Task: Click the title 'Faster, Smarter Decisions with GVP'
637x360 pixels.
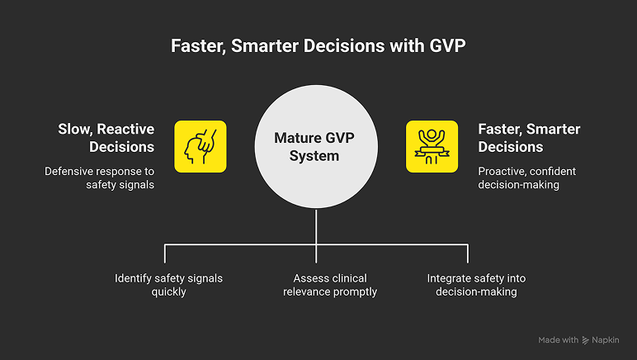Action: [318, 45]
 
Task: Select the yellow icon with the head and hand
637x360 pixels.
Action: [200, 146]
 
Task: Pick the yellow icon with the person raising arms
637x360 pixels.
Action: [432, 146]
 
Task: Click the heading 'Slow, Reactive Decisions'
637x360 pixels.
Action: [106, 138]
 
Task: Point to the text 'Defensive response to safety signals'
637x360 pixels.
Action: [100, 178]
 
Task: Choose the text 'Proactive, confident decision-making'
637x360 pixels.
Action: [526, 178]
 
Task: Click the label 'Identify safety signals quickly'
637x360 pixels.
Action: [168, 285]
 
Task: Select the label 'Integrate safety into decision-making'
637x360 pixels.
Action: [476, 285]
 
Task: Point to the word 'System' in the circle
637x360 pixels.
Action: [318, 155]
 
